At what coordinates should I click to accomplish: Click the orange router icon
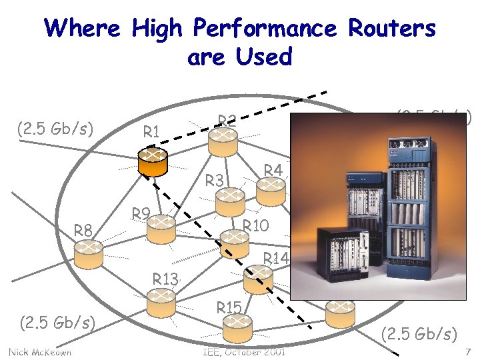coord(153,159)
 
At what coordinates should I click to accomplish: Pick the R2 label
coord(228,121)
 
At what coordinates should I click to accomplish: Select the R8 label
coord(83,231)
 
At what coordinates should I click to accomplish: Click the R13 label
coord(165,278)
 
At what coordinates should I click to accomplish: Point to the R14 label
coord(275,258)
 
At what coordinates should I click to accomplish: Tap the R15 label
coord(229,308)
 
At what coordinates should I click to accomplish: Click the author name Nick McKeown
coord(40,351)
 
